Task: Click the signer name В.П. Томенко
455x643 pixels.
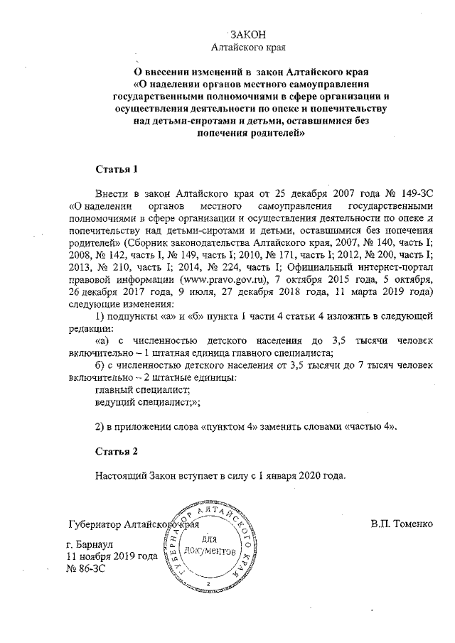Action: (401, 525)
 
